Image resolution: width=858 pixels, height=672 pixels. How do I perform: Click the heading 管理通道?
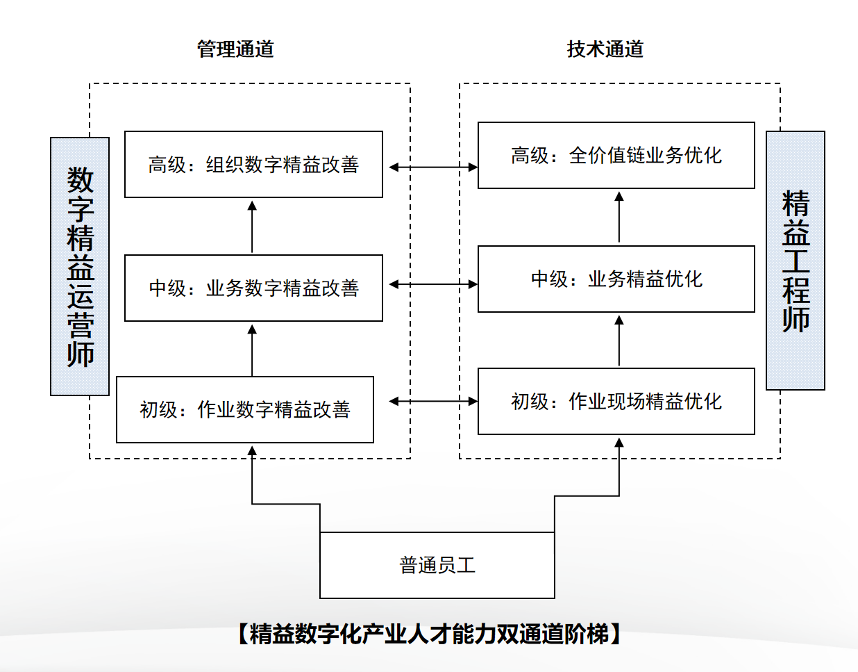(x=235, y=49)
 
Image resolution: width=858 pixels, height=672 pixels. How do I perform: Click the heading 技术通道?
(x=605, y=49)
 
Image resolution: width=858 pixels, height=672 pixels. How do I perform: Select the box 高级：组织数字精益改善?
(x=253, y=165)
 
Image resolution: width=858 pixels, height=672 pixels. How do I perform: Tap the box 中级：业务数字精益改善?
(x=253, y=288)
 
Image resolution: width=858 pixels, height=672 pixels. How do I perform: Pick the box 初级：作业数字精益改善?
(x=245, y=409)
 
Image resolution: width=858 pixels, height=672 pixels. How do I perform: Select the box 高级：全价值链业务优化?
(x=616, y=156)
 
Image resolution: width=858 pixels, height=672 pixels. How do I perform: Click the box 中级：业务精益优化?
(x=616, y=279)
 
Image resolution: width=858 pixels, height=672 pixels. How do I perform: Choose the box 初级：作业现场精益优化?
(x=616, y=401)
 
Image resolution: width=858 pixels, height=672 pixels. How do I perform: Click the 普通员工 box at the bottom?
(x=437, y=565)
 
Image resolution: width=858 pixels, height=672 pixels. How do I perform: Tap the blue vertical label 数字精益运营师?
(x=80, y=266)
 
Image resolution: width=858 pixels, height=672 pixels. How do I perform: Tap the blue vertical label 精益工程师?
(x=796, y=261)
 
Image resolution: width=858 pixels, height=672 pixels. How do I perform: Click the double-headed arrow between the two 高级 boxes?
(x=433, y=167)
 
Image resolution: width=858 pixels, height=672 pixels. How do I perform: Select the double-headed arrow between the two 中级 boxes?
(x=433, y=284)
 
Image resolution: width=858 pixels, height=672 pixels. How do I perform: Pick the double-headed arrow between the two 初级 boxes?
(x=433, y=401)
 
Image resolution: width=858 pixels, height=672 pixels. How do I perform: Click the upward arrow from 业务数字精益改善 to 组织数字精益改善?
(x=252, y=227)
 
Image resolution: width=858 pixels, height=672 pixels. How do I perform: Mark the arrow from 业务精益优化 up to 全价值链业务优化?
(x=619, y=218)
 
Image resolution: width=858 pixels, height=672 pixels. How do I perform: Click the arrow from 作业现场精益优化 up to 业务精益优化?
(x=619, y=341)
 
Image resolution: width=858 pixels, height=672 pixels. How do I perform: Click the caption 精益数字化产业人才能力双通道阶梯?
(x=429, y=634)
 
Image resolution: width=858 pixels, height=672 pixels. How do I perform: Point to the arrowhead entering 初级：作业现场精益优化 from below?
(x=619, y=443)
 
